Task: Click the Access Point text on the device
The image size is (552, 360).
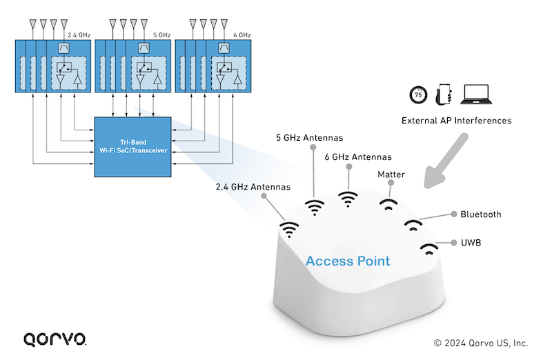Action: tap(348, 261)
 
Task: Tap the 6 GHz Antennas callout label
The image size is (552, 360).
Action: tap(357, 157)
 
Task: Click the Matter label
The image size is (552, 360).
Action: tap(391, 175)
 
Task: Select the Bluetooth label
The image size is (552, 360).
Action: tap(481, 214)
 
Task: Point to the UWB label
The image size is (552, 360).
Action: tap(471, 243)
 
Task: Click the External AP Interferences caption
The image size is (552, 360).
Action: tap(456, 121)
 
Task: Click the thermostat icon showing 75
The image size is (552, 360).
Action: tap(417, 95)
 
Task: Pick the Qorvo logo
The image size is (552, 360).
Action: tap(55, 339)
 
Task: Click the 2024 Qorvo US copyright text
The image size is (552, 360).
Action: tap(481, 342)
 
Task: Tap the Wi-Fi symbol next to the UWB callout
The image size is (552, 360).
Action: tap(428, 248)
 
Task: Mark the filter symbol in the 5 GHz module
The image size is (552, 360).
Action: tap(144, 49)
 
